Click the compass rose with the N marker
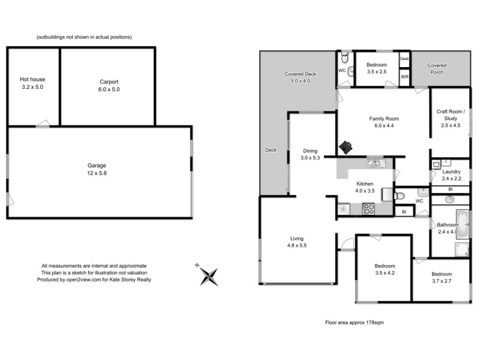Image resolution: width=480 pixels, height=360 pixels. click(209, 275)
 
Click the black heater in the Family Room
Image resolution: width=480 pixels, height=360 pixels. click(346, 146)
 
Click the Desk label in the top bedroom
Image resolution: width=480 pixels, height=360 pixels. click(404, 59)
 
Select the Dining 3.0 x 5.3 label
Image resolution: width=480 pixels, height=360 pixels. click(310, 154)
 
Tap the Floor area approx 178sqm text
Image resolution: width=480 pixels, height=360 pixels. click(354, 322)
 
